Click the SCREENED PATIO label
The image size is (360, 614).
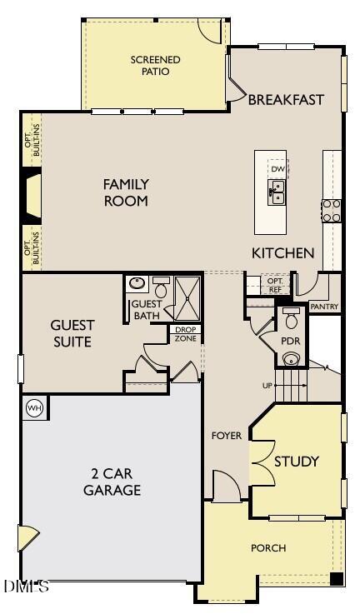pyautogui.click(x=155, y=65)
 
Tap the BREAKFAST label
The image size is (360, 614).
pyautogui.click(x=286, y=100)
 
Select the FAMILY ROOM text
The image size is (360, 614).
pyautogui.click(x=126, y=192)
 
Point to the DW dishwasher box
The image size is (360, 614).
pyautogui.click(x=277, y=169)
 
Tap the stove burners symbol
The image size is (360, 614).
pyautogui.click(x=331, y=210)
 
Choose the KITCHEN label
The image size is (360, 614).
pyautogui.click(x=283, y=252)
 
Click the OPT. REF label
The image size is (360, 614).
pyautogui.click(x=275, y=285)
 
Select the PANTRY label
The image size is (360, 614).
pyautogui.click(x=323, y=307)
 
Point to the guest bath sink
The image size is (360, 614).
pyautogui.click(x=137, y=284)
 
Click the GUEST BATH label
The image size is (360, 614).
pyautogui.click(x=147, y=310)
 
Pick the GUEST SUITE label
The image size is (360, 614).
pyautogui.click(x=72, y=333)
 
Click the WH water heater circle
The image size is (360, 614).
pyautogui.click(x=35, y=407)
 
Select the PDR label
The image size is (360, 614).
pyautogui.click(x=291, y=342)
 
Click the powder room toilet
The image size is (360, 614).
pyautogui.click(x=291, y=319)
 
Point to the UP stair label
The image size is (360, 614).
pyautogui.click(x=267, y=385)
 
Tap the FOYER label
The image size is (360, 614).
pyautogui.click(x=226, y=436)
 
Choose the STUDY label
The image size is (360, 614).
pyautogui.click(x=297, y=462)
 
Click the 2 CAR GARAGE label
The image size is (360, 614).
pyautogui.click(x=112, y=482)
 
